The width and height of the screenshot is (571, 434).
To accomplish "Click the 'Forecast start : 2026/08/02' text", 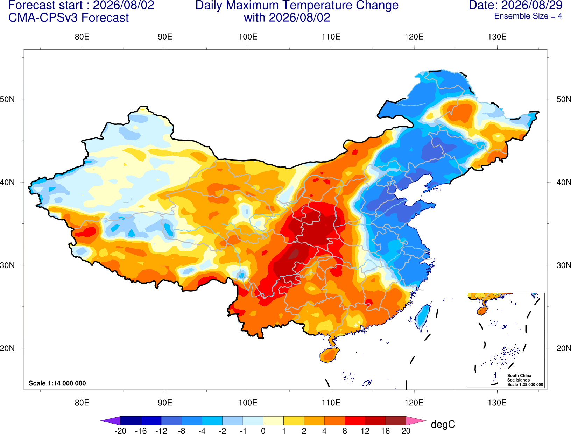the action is point(81,5).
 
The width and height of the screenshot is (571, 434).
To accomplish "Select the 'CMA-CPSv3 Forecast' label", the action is point(69,18).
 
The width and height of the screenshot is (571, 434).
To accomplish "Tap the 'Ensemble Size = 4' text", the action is point(528,16).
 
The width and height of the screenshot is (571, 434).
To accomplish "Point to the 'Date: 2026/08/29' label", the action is point(515,5).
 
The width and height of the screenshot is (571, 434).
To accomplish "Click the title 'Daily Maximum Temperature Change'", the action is point(297,6).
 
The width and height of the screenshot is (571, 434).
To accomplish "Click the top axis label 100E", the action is point(248,37).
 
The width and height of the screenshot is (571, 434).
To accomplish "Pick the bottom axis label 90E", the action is point(165,403).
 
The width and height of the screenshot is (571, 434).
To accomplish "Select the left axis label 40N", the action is point(7,182).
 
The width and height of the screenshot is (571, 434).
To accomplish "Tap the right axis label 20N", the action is point(564,348).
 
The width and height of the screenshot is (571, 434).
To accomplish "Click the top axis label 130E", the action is point(497,37).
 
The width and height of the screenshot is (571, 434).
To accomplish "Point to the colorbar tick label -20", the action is point(120,431).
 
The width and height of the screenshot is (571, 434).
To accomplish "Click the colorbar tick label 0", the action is point(263,431).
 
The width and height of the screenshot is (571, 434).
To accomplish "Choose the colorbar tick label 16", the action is point(386,431).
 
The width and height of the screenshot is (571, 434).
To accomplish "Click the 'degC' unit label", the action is point(443,425).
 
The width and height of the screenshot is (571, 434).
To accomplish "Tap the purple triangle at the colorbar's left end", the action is point(111,420).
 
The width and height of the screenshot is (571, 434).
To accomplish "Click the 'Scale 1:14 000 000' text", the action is point(57,383).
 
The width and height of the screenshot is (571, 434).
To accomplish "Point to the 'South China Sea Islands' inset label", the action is point(519,378).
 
